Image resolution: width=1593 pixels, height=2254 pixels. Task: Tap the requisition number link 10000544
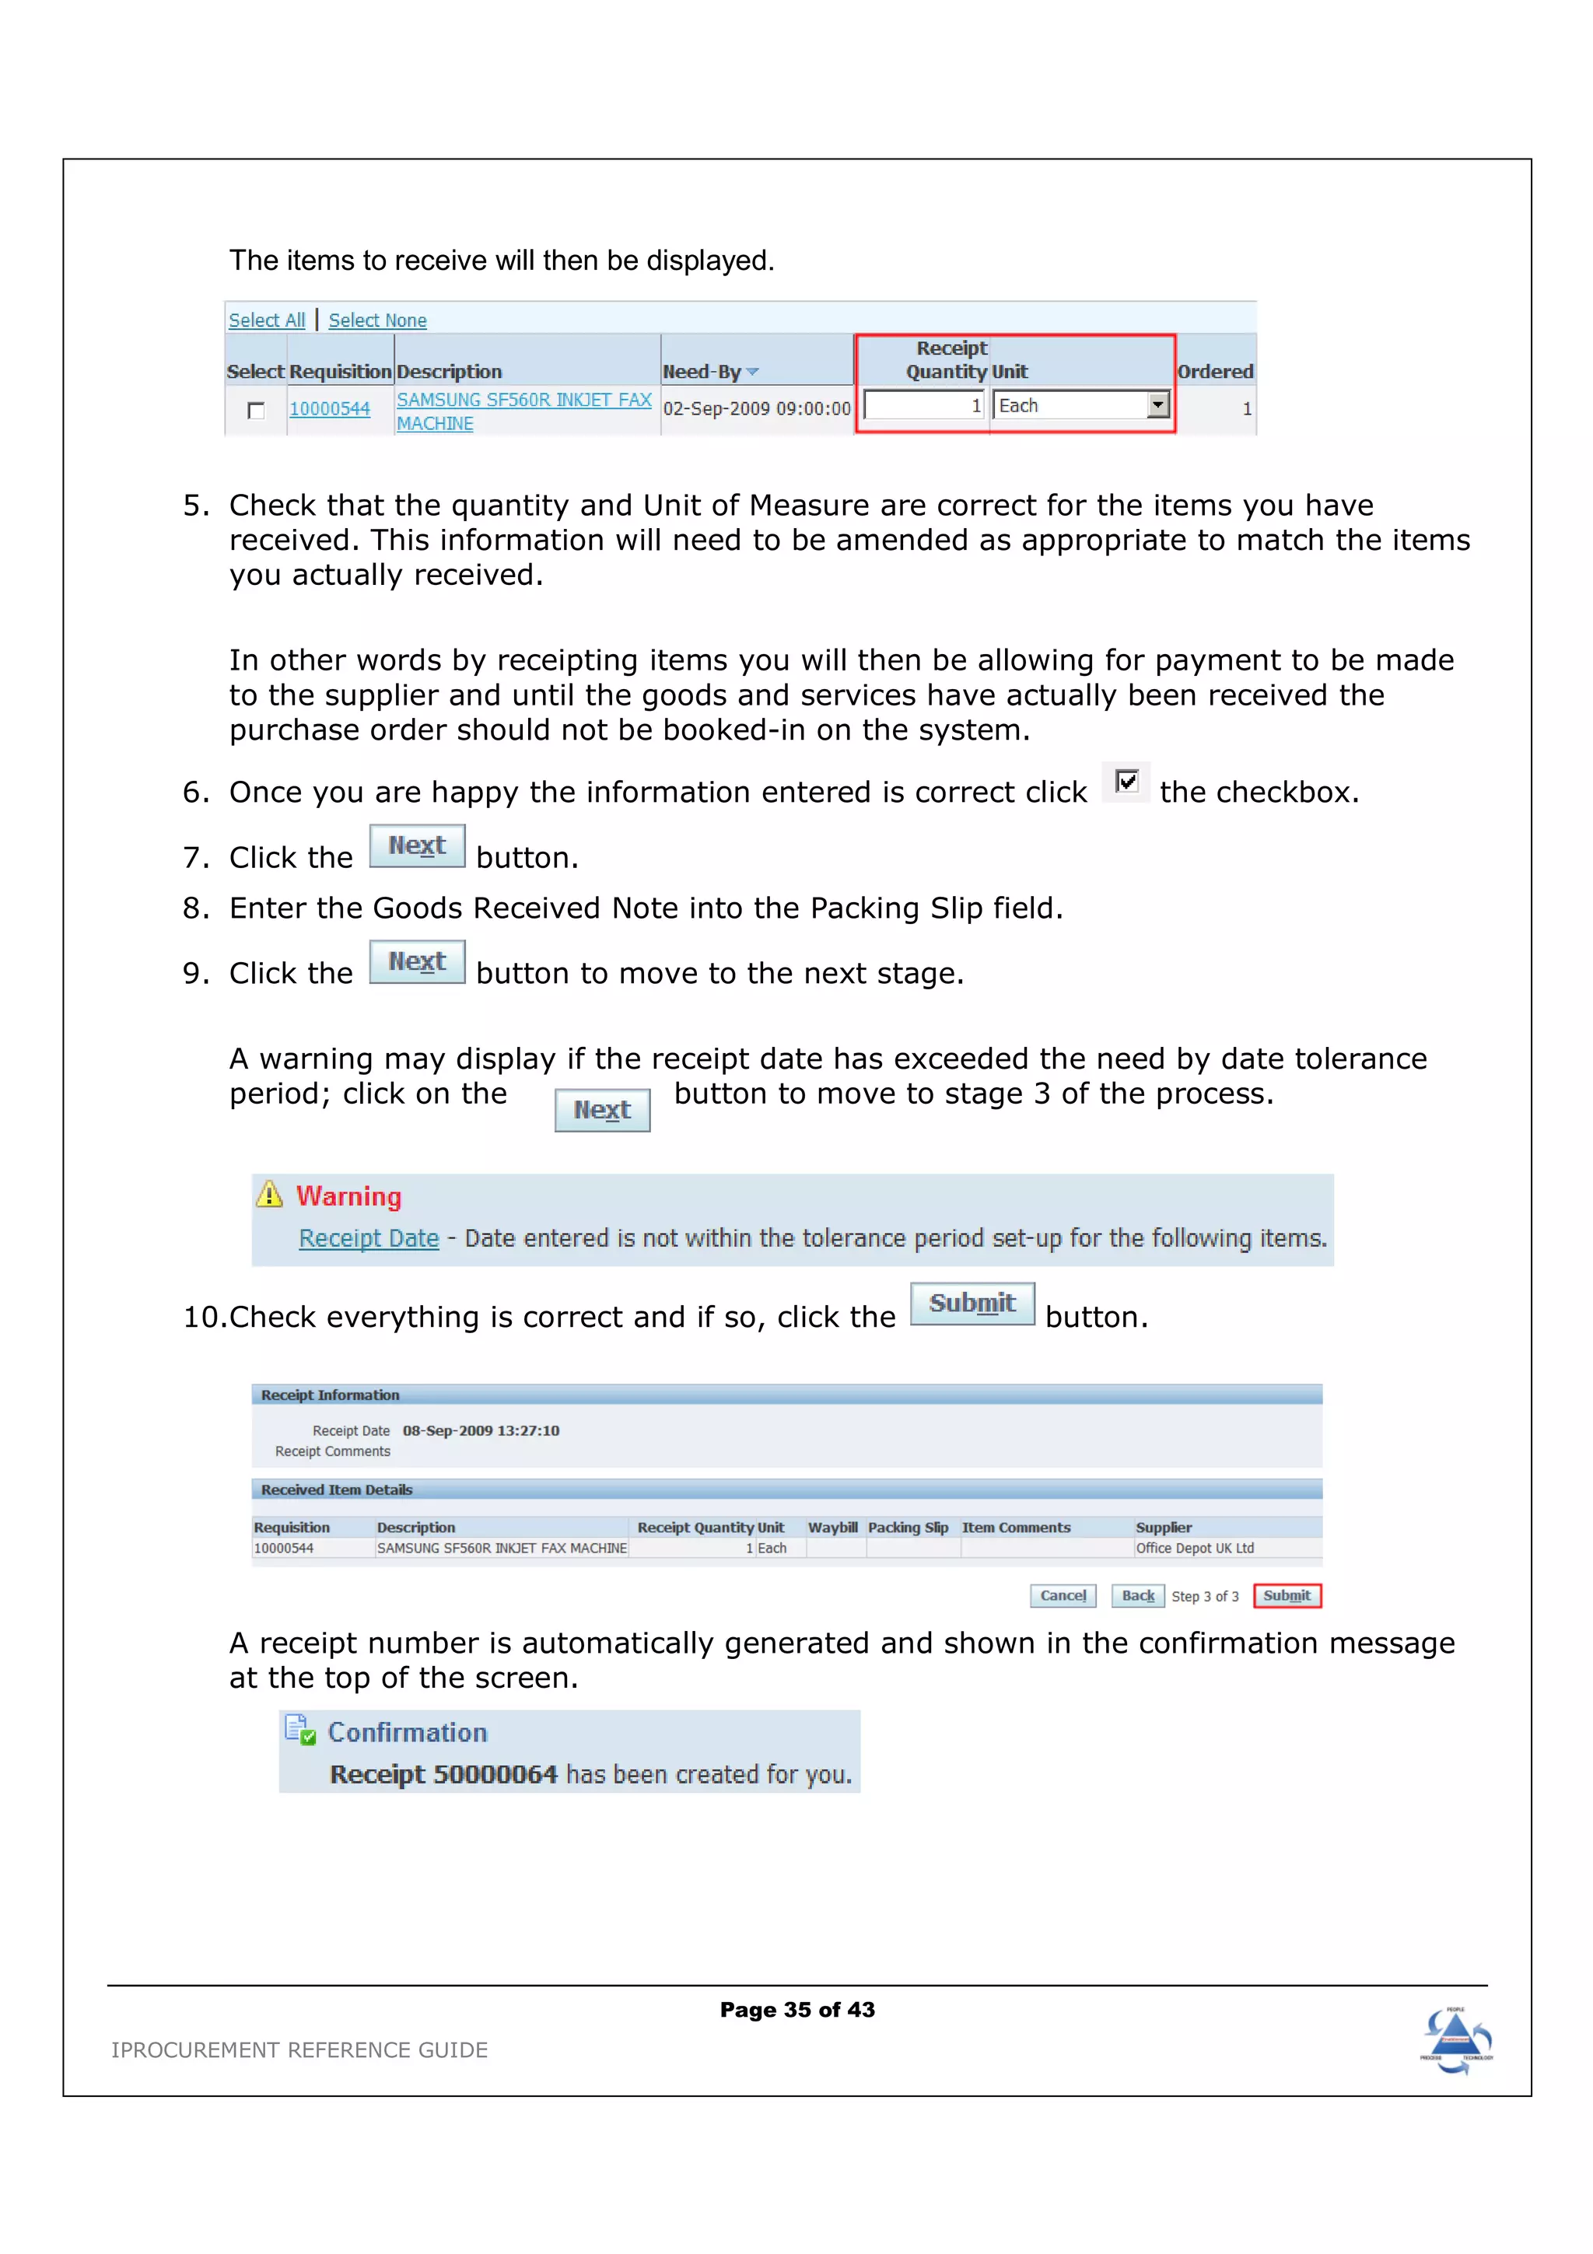[329, 408]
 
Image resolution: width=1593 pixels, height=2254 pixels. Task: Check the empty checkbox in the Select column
[256, 411]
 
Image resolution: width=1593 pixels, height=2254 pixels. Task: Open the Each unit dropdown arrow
[1158, 404]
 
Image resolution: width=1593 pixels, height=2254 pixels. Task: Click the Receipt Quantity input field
[923, 405]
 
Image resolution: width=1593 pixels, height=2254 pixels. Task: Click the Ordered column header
[1215, 372]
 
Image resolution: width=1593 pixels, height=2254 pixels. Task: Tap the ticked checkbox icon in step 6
[1127, 782]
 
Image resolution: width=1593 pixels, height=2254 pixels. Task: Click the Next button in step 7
[417, 845]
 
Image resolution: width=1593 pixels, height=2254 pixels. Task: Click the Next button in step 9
[417, 961]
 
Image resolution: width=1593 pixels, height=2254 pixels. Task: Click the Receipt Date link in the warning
[368, 1238]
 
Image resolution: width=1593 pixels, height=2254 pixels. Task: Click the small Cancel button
[1063, 1595]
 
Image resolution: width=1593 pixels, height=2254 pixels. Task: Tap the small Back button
[1137, 1595]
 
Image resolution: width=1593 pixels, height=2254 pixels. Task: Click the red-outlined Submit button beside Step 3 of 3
[1287, 1595]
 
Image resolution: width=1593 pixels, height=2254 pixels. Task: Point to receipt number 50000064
[495, 1774]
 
